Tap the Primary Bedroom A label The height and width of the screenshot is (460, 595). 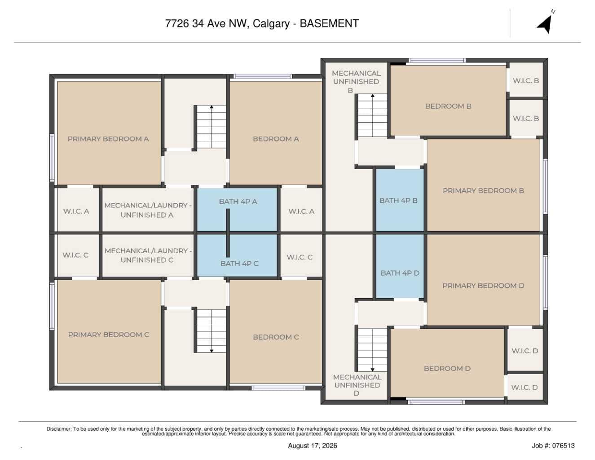tap(108, 139)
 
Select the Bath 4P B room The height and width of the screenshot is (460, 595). tap(400, 200)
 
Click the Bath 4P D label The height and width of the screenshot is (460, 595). tap(400, 273)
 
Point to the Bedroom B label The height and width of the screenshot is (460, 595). tap(448, 107)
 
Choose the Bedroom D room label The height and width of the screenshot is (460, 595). tap(447, 368)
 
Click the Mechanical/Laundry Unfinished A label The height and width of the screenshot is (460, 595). tap(148, 210)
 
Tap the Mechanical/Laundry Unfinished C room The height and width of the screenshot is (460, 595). tap(148, 255)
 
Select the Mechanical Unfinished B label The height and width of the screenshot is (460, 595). tap(356, 82)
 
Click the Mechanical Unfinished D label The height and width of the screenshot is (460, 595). tap(357, 385)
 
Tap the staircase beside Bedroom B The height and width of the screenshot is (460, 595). tap(372, 116)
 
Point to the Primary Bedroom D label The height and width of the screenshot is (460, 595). tap(483, 286)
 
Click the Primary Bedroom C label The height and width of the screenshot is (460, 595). tap(108, 335)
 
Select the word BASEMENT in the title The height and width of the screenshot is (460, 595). tap(330, 23)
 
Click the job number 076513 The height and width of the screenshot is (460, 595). tap(563, 446)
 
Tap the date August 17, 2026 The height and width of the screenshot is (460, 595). tap(313, 446)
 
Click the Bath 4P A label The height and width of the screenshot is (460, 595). tap(238, 202)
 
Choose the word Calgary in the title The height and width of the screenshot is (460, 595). tap(271, 24)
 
